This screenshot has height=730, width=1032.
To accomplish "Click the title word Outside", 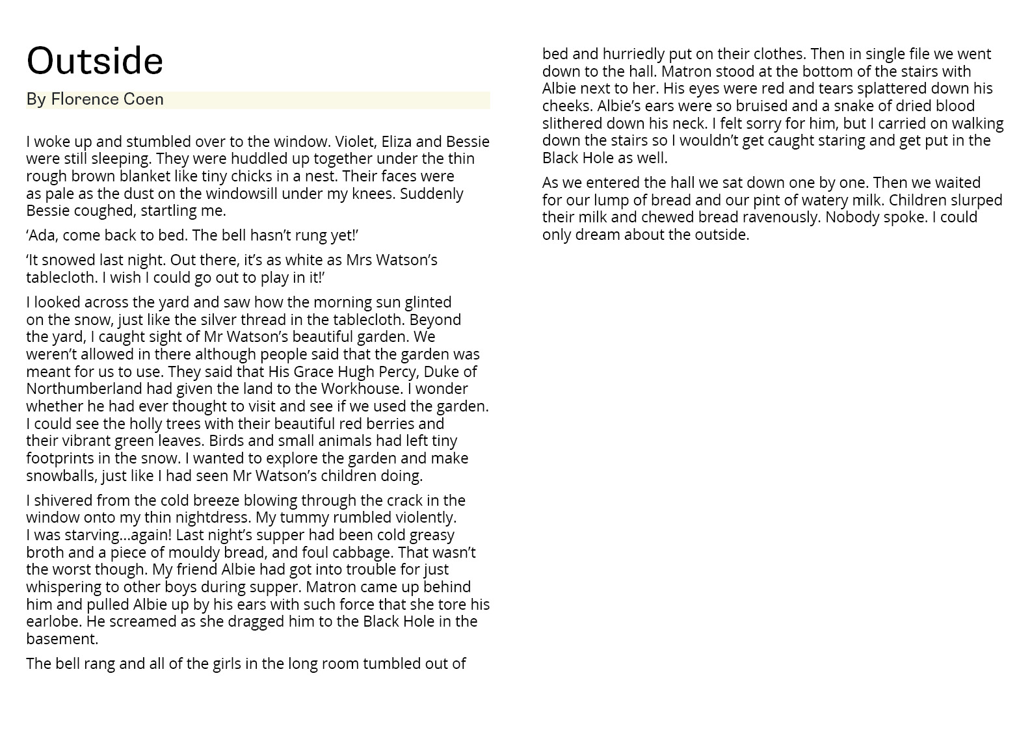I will click(x=95, y=61).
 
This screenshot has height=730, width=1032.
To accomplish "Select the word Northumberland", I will click(x=84, y=389).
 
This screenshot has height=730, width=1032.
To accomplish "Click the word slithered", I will click(x=572, y=124).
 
